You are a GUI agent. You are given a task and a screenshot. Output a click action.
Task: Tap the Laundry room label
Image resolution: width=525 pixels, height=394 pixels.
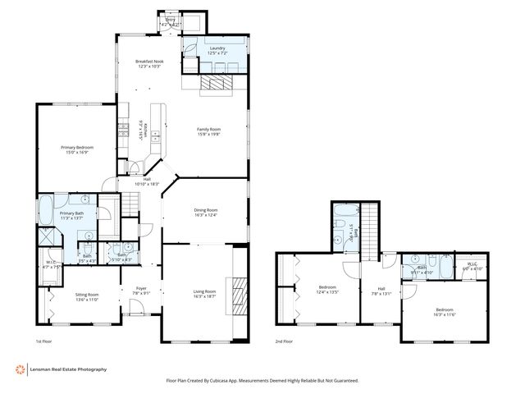click(217, 49)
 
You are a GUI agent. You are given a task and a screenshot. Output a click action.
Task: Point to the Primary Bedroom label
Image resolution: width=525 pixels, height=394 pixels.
click(77, 148)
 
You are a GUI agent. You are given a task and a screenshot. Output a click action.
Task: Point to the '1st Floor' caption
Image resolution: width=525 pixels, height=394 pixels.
click(43, 340)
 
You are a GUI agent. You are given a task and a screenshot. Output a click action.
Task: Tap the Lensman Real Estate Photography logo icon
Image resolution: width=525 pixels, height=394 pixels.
click(19, 369)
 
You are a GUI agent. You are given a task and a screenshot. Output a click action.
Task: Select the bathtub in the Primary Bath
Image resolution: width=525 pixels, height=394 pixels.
click(47, 209)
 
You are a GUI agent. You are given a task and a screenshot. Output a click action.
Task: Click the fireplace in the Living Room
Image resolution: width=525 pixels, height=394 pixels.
click(239, 291)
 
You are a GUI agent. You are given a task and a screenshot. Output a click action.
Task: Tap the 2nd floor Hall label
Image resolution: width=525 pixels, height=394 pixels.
click(381, 289)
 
